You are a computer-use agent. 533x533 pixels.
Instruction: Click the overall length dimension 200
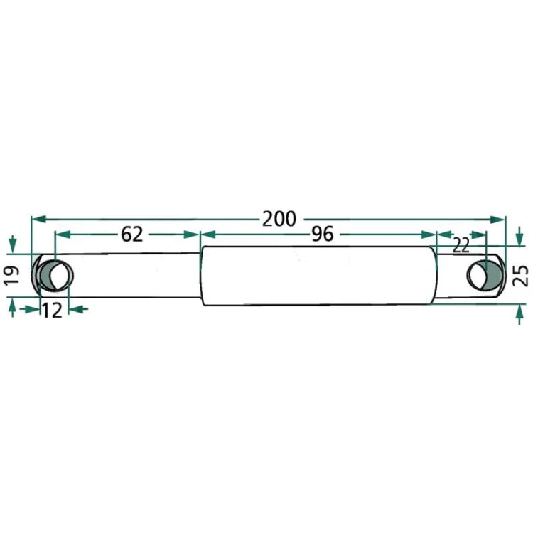(x=279, y=220)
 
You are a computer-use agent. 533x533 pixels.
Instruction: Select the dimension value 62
(x=132, y=235)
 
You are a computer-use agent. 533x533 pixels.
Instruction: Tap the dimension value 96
(x=323, y=235)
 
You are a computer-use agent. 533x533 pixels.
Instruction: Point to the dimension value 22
(x=461, y=246)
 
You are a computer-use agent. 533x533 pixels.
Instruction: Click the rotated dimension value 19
(x=11, y=275)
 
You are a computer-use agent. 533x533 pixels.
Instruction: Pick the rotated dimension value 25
(x=520, y=275)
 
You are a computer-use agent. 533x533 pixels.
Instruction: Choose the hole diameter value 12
(x=52, y=311)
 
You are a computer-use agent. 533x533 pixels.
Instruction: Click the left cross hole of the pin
(x=56, y=275)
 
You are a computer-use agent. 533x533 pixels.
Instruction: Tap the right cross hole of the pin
(x=485, y=275)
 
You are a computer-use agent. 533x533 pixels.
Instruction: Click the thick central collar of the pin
(x=318, y=275)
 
